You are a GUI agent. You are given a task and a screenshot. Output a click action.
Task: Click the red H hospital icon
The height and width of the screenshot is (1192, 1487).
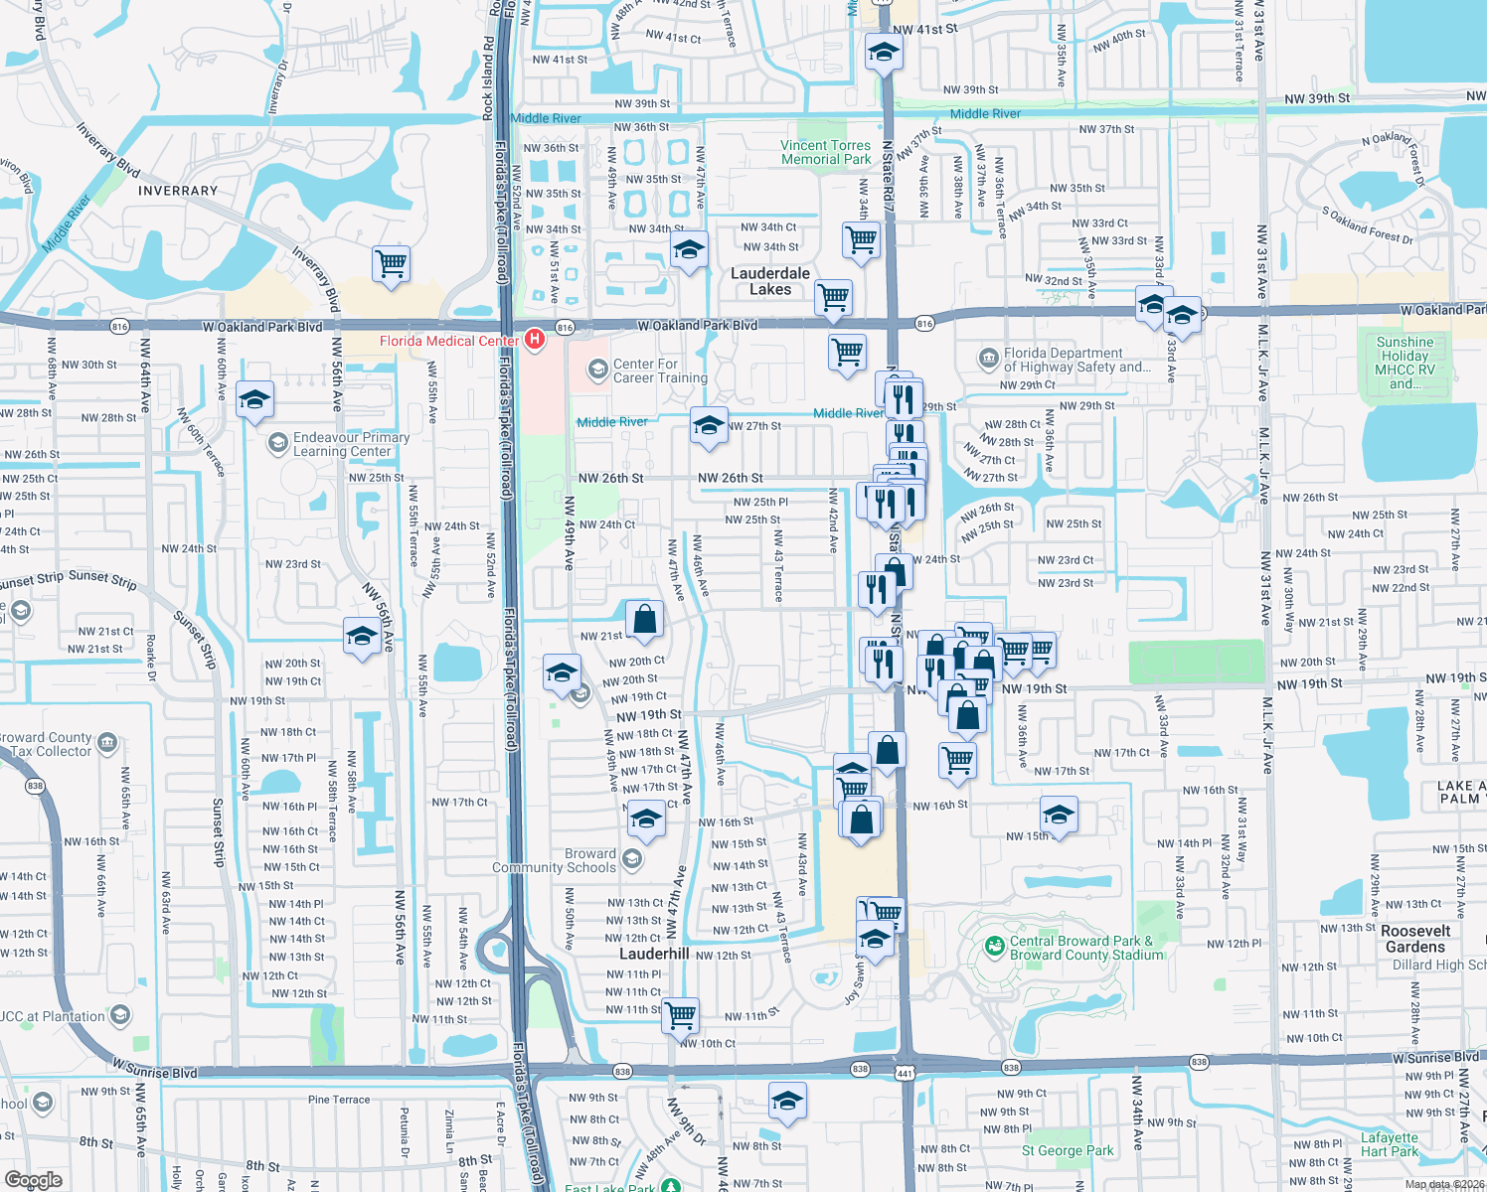tap(535, 341)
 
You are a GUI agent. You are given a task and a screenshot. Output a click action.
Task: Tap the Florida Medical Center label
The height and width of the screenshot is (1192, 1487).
tap(448, 341)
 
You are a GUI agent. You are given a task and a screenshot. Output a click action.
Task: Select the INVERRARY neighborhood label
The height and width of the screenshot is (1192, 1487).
tap(178, 191)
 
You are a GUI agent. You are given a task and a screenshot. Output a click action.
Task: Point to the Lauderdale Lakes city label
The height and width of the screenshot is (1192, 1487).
tap(770, 281)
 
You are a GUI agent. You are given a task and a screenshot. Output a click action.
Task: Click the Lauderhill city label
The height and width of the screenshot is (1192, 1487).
tap(654, 954)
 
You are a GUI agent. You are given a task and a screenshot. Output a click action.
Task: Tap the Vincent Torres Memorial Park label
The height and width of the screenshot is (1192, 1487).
tap(825, 152)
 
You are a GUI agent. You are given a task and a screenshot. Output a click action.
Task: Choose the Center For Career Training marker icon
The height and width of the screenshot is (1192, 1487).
tap(597, 371)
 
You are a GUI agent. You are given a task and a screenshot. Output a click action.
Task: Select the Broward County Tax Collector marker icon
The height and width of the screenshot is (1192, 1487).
tap(108, 742)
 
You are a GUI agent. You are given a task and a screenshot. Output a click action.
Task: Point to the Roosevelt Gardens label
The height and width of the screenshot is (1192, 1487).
tap(1415, 939)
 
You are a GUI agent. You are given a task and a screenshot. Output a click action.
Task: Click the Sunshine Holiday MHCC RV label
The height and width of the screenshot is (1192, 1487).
tap(1404, 363)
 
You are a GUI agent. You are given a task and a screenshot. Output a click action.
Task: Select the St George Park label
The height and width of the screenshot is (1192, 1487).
tap(1068, 1150)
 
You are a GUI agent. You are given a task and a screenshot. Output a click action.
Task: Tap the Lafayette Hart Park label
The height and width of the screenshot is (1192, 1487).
tap(1390, 1144)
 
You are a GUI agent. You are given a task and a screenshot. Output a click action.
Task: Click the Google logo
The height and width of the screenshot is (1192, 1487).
tap(33, 1180)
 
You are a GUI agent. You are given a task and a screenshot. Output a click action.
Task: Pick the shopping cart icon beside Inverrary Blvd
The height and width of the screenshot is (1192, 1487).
tap(392, 264)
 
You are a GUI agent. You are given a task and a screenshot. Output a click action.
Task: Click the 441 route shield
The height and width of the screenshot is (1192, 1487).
tap(905, 1074)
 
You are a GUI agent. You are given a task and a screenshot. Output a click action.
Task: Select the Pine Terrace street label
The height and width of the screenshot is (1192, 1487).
tap(339, 1100)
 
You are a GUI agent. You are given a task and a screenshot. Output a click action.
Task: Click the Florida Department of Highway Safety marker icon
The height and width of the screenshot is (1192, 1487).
tap(988, 358)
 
